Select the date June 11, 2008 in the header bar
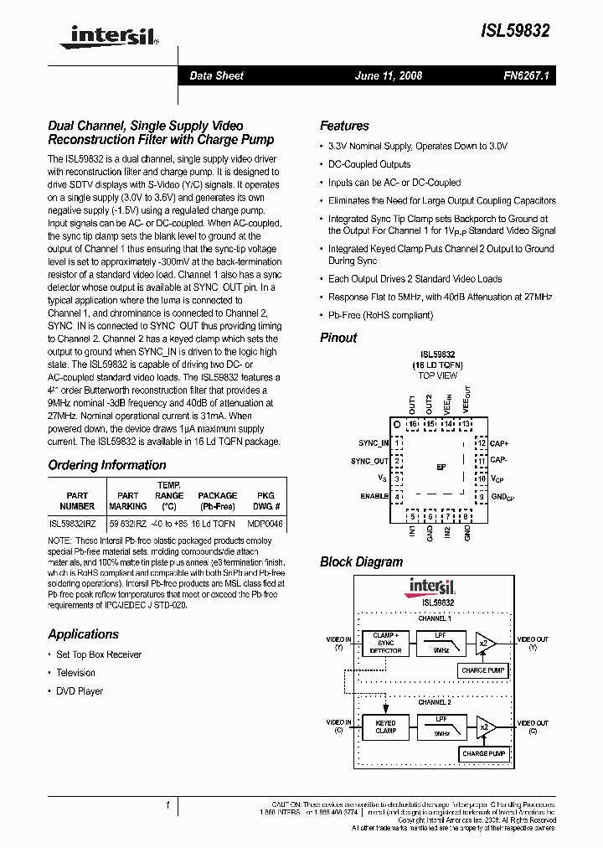coord(389,75)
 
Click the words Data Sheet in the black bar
coord(216,75)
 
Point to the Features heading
coord(344,126)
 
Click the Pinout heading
coord(338,338)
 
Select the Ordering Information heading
coord(106,465)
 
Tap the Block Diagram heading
coord(361,561)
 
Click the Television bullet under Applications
coord(75,673)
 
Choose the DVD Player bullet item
coord(80,691)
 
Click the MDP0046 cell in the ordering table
coord(265,522)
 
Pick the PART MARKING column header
coord(127,501)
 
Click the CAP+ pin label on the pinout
coord(500,443)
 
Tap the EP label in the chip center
coord(441,468)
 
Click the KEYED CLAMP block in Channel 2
coord(385,726)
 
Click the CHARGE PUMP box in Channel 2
coord(485,754)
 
